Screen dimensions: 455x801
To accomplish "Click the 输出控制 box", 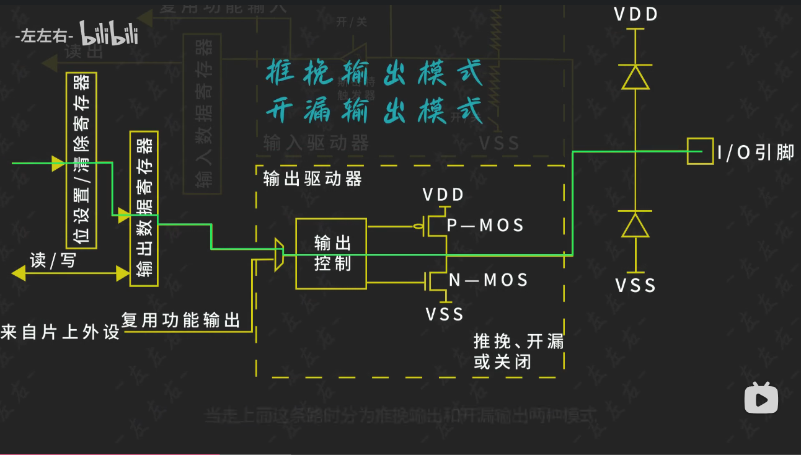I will tap(331, 254).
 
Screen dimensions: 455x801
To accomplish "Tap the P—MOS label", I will tap(485, 226).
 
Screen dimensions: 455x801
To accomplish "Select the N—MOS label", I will tap(488, 280).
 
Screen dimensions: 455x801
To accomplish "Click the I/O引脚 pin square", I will tap(700, 151).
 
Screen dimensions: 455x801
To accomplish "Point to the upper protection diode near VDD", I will tap(636, 77).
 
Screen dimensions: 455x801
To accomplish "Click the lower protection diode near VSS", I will tap(635, 225).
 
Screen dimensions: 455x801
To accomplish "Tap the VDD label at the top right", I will tap(635, 15).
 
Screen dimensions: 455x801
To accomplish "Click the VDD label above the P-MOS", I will tap(443, 195).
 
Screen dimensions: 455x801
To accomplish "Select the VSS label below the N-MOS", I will tap(445, 314).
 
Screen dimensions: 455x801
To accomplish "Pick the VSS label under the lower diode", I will tap(635, 285).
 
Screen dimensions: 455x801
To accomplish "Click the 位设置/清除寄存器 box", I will tap(81, 160).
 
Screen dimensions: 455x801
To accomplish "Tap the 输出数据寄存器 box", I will tap(144, 209).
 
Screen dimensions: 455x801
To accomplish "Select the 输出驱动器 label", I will tap(312, 180).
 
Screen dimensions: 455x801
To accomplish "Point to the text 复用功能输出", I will tap(180, 320).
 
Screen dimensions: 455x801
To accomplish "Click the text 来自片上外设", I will tap(60, 332).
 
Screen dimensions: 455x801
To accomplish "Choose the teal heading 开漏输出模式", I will tap(374, 112).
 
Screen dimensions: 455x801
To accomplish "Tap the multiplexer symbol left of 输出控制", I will tap(279, 254).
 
